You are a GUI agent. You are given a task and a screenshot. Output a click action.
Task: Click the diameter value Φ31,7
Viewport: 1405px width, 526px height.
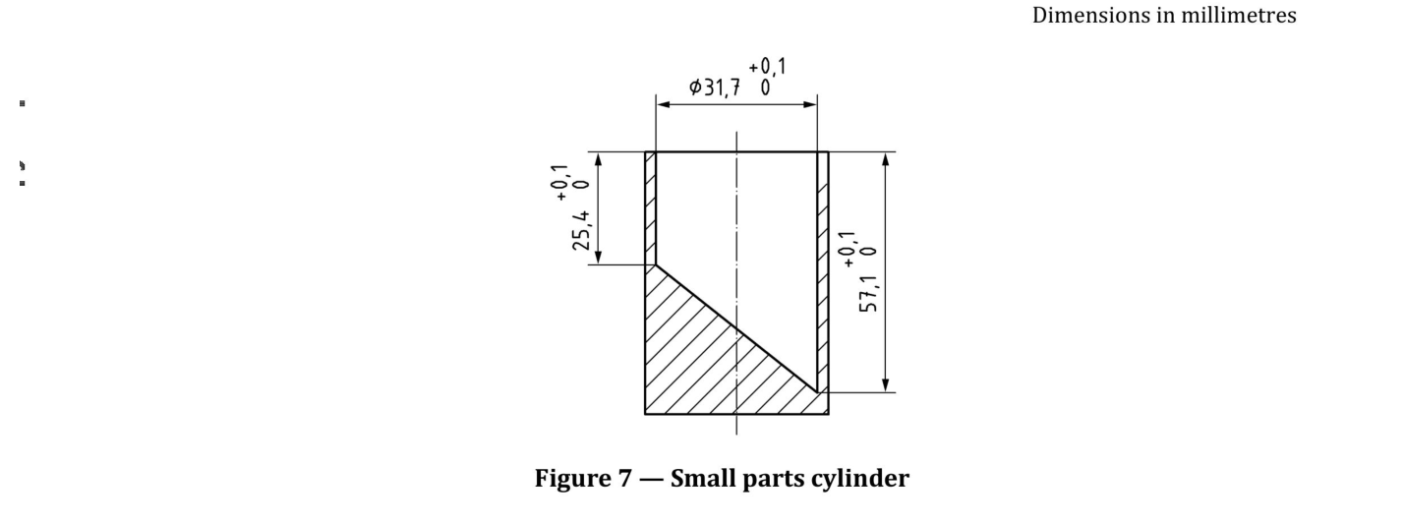[x=715, y=88]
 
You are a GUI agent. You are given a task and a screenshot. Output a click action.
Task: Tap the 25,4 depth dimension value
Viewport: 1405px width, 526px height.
[x=581, y=230]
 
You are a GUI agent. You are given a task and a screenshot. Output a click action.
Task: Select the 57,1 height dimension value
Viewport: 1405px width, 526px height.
[x=869, y=293]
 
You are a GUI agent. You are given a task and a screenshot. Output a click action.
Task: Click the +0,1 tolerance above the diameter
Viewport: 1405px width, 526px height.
[x=767, y=67]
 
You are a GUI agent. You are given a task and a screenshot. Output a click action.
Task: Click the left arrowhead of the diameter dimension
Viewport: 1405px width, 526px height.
[x=664, y=104]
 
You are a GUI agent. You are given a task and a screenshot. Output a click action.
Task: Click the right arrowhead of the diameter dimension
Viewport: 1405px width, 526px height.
[x=810, y=104]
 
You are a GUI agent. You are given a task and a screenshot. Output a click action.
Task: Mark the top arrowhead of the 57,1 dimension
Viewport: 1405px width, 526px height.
[x=885, y=160]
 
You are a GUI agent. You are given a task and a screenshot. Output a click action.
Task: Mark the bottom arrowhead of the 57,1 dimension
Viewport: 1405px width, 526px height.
[x=885, y=385]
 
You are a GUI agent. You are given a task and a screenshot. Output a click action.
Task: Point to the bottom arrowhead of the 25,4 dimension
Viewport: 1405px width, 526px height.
[x=598, y=257]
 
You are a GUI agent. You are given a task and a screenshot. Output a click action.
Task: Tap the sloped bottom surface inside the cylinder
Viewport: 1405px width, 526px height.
[x=736, y=328]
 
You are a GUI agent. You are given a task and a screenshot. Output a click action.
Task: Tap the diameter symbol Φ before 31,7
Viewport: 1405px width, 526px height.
[x=695, y=88]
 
